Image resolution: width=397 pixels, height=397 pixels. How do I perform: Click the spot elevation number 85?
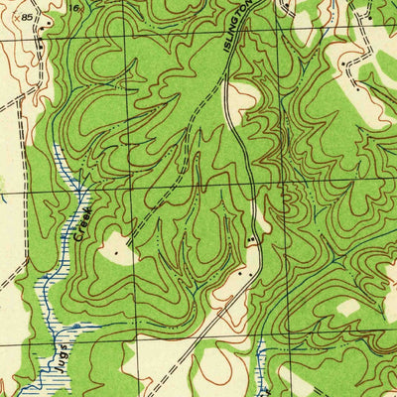coord(25,17)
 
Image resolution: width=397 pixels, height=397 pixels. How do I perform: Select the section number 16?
coord(75,8)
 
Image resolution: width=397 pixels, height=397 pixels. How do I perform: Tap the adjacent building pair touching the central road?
coord(251,240)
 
